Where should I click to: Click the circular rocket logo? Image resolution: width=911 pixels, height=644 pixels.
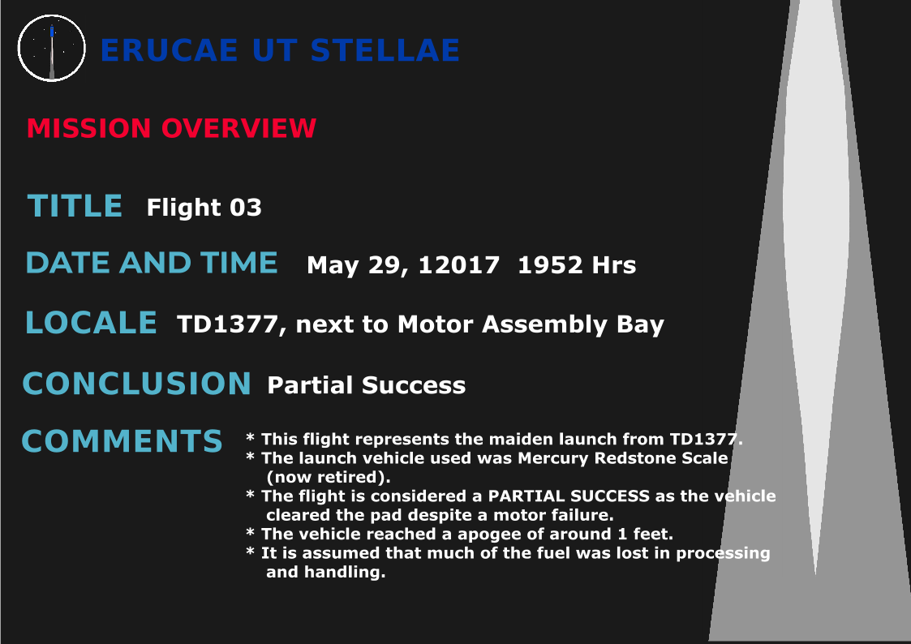tap(52, 48)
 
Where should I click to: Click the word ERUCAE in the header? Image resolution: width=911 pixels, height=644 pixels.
tap(169, 50)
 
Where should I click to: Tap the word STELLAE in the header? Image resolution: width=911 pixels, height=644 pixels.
tap(385, 50)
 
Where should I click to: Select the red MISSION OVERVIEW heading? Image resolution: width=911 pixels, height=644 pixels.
tap(171, 128)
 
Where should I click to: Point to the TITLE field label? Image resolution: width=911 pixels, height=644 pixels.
tap(75, 206)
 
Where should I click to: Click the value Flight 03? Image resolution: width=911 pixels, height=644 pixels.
tap(204, 208)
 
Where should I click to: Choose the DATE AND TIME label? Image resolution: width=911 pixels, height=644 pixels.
tap(152, 263)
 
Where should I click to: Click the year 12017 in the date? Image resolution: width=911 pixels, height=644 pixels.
tap(458, 264)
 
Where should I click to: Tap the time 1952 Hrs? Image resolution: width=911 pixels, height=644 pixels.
tap(576, 264)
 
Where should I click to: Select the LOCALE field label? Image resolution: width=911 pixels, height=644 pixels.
tap(91, 323)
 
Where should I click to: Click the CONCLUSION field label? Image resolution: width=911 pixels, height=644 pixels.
tap(136, 384)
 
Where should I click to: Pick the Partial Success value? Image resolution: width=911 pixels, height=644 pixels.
tap(366, 385)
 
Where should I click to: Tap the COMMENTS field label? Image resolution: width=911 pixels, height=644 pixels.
tap(122, 441)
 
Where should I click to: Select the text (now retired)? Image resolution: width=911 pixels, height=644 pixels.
tap(329, 478)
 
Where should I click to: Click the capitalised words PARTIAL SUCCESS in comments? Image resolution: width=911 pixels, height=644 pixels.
tap(568, 496)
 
